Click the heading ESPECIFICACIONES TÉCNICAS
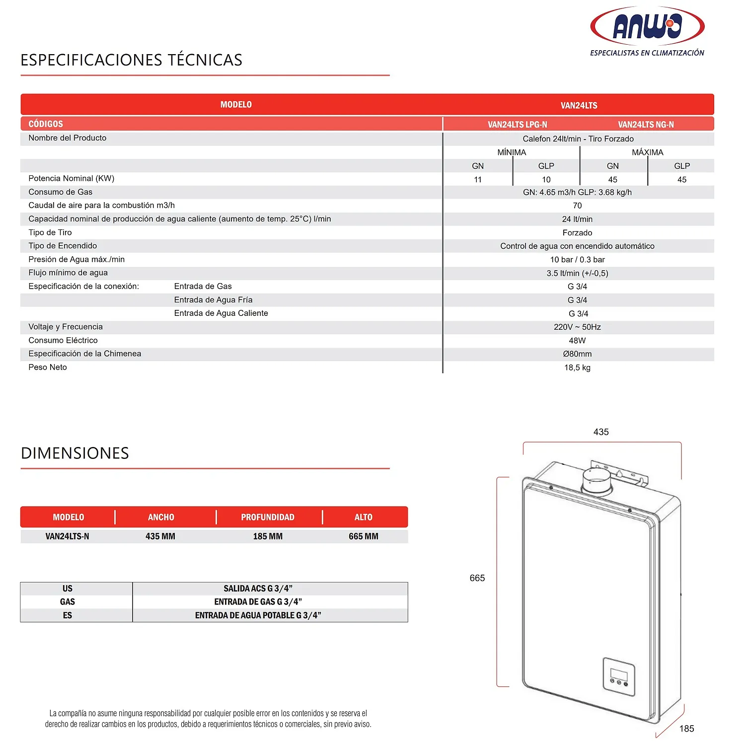131,60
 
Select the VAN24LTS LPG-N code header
517,125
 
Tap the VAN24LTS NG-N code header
646,125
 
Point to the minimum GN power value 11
478,180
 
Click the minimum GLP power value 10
546,180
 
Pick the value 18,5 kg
577,368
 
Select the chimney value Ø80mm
577,354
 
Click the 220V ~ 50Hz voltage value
577,327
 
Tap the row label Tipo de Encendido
63,246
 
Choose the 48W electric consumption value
577,341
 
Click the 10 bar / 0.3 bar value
577,260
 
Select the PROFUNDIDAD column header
268,517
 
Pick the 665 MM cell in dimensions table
363,536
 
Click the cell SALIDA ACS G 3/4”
258,589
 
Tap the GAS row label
68,602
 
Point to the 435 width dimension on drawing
601,432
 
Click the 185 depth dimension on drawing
686,729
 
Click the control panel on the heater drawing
619,676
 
